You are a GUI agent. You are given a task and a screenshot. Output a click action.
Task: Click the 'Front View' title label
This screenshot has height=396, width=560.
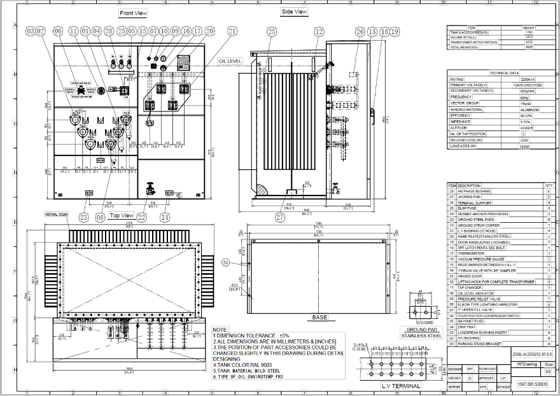tap(133, 13)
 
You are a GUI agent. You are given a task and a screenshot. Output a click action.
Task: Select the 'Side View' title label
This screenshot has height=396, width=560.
tap(294, 11)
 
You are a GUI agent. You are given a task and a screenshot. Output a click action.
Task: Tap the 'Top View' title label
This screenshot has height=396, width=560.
tap(122, 215)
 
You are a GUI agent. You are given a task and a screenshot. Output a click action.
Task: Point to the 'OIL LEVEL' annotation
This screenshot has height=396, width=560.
tap(230, 60)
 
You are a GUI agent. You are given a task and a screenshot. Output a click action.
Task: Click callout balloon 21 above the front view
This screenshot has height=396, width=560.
tap(232, 31)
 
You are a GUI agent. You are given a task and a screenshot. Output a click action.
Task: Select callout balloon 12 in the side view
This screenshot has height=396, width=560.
tap(319, 31)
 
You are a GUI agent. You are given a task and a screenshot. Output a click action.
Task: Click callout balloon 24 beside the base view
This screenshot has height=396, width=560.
tap(225, 262)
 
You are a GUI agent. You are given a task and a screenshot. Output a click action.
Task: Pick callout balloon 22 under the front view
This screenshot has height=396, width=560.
tap(141, 217)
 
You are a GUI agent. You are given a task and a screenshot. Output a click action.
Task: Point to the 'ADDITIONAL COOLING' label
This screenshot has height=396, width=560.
tap(57, 214)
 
